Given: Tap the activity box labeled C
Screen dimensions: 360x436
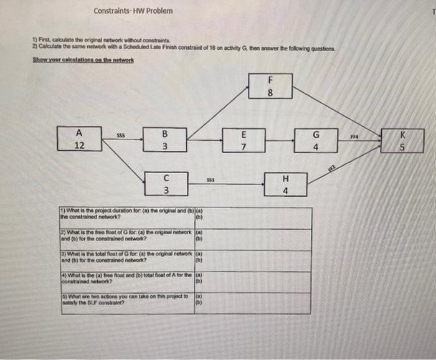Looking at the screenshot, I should (x=166, y=182).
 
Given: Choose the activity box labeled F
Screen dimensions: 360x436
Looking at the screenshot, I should (x=270, y=85).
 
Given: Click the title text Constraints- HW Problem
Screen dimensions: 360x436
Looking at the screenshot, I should (x=133, y=11).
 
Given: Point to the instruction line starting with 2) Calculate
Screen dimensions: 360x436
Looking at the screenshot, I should (x=184, y=48).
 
